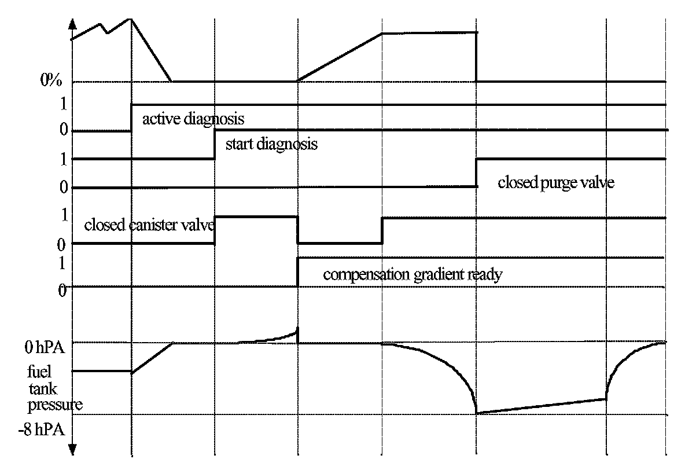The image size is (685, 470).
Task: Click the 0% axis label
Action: coord(51,80)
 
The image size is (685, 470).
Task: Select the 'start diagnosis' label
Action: coord(271,144)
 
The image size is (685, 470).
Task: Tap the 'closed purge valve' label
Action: coord(555,183)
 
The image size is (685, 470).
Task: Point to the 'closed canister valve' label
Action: coord(150,225)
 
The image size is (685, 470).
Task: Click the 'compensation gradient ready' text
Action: coord(412,274)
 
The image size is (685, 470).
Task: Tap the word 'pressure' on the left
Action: coord(54,406)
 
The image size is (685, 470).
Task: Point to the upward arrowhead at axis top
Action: coord(72,24)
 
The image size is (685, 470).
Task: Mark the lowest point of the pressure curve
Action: coord(477,413)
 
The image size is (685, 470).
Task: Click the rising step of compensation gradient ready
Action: coord(297,271)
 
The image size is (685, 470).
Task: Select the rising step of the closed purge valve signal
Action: coord(476,172)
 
